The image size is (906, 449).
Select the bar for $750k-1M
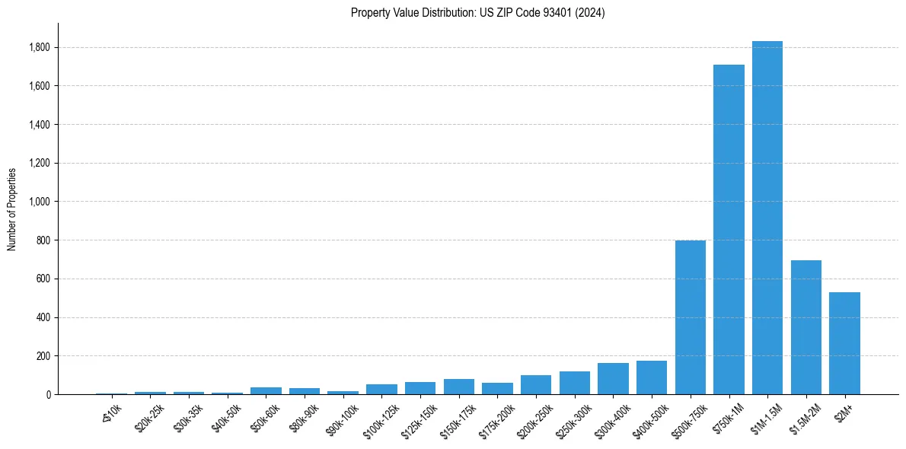[729, 229]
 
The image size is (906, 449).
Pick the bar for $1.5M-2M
[806, 327]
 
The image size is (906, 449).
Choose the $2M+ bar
[844, 343]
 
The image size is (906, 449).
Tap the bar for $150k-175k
[458, 387]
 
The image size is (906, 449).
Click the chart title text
[477, 13]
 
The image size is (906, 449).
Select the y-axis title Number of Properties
[12, 209]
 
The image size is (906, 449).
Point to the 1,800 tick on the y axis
[40, 47]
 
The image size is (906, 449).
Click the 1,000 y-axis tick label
[40, 202]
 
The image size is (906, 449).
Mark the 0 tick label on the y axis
[48, 394]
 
